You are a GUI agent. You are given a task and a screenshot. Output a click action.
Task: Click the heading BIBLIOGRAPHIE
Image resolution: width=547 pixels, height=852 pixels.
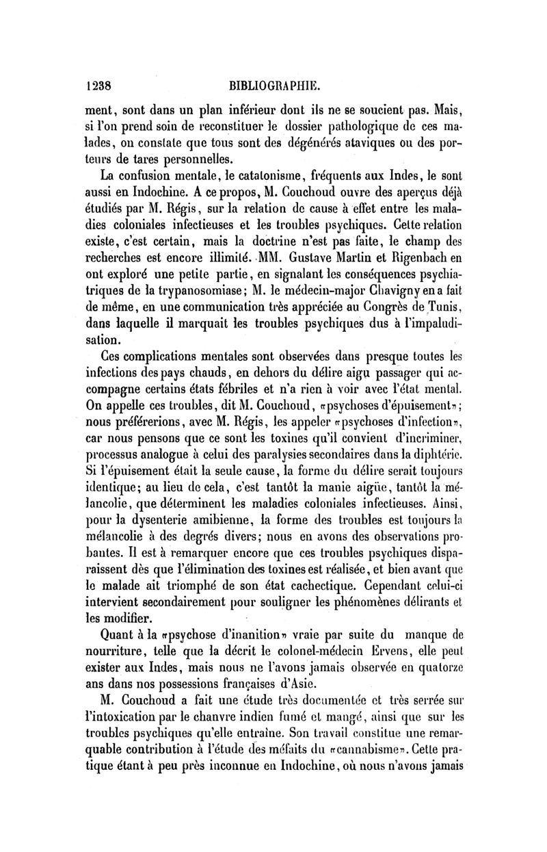tap(277, 87)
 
